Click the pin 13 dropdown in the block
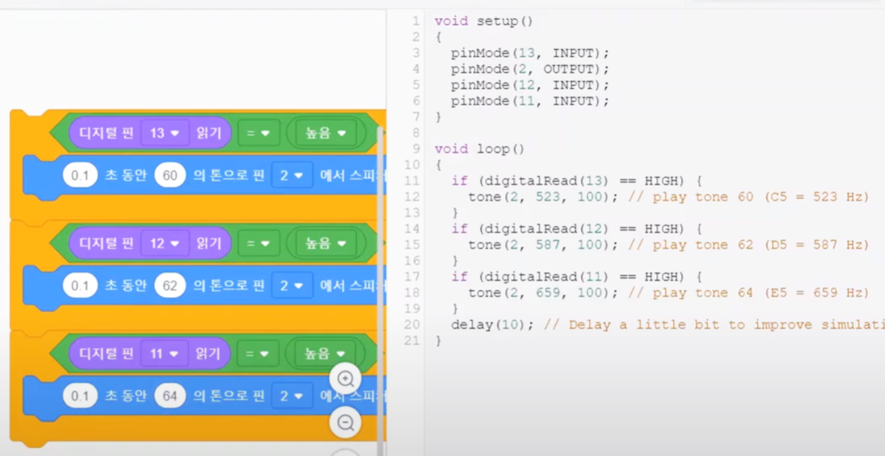[164, 133]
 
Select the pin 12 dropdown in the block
[164, 243]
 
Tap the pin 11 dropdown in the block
[164, 354]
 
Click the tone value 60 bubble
[170, 175]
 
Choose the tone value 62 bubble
[170, 286]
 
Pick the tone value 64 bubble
[170, 396]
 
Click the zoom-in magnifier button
[346, 379]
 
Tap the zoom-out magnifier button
[346, 422]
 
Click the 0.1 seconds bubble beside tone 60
[80, 175]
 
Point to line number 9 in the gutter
[415, 149]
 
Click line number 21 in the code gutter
[412, 341]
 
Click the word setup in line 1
[496, 21]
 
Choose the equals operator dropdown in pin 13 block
[257, 133]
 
